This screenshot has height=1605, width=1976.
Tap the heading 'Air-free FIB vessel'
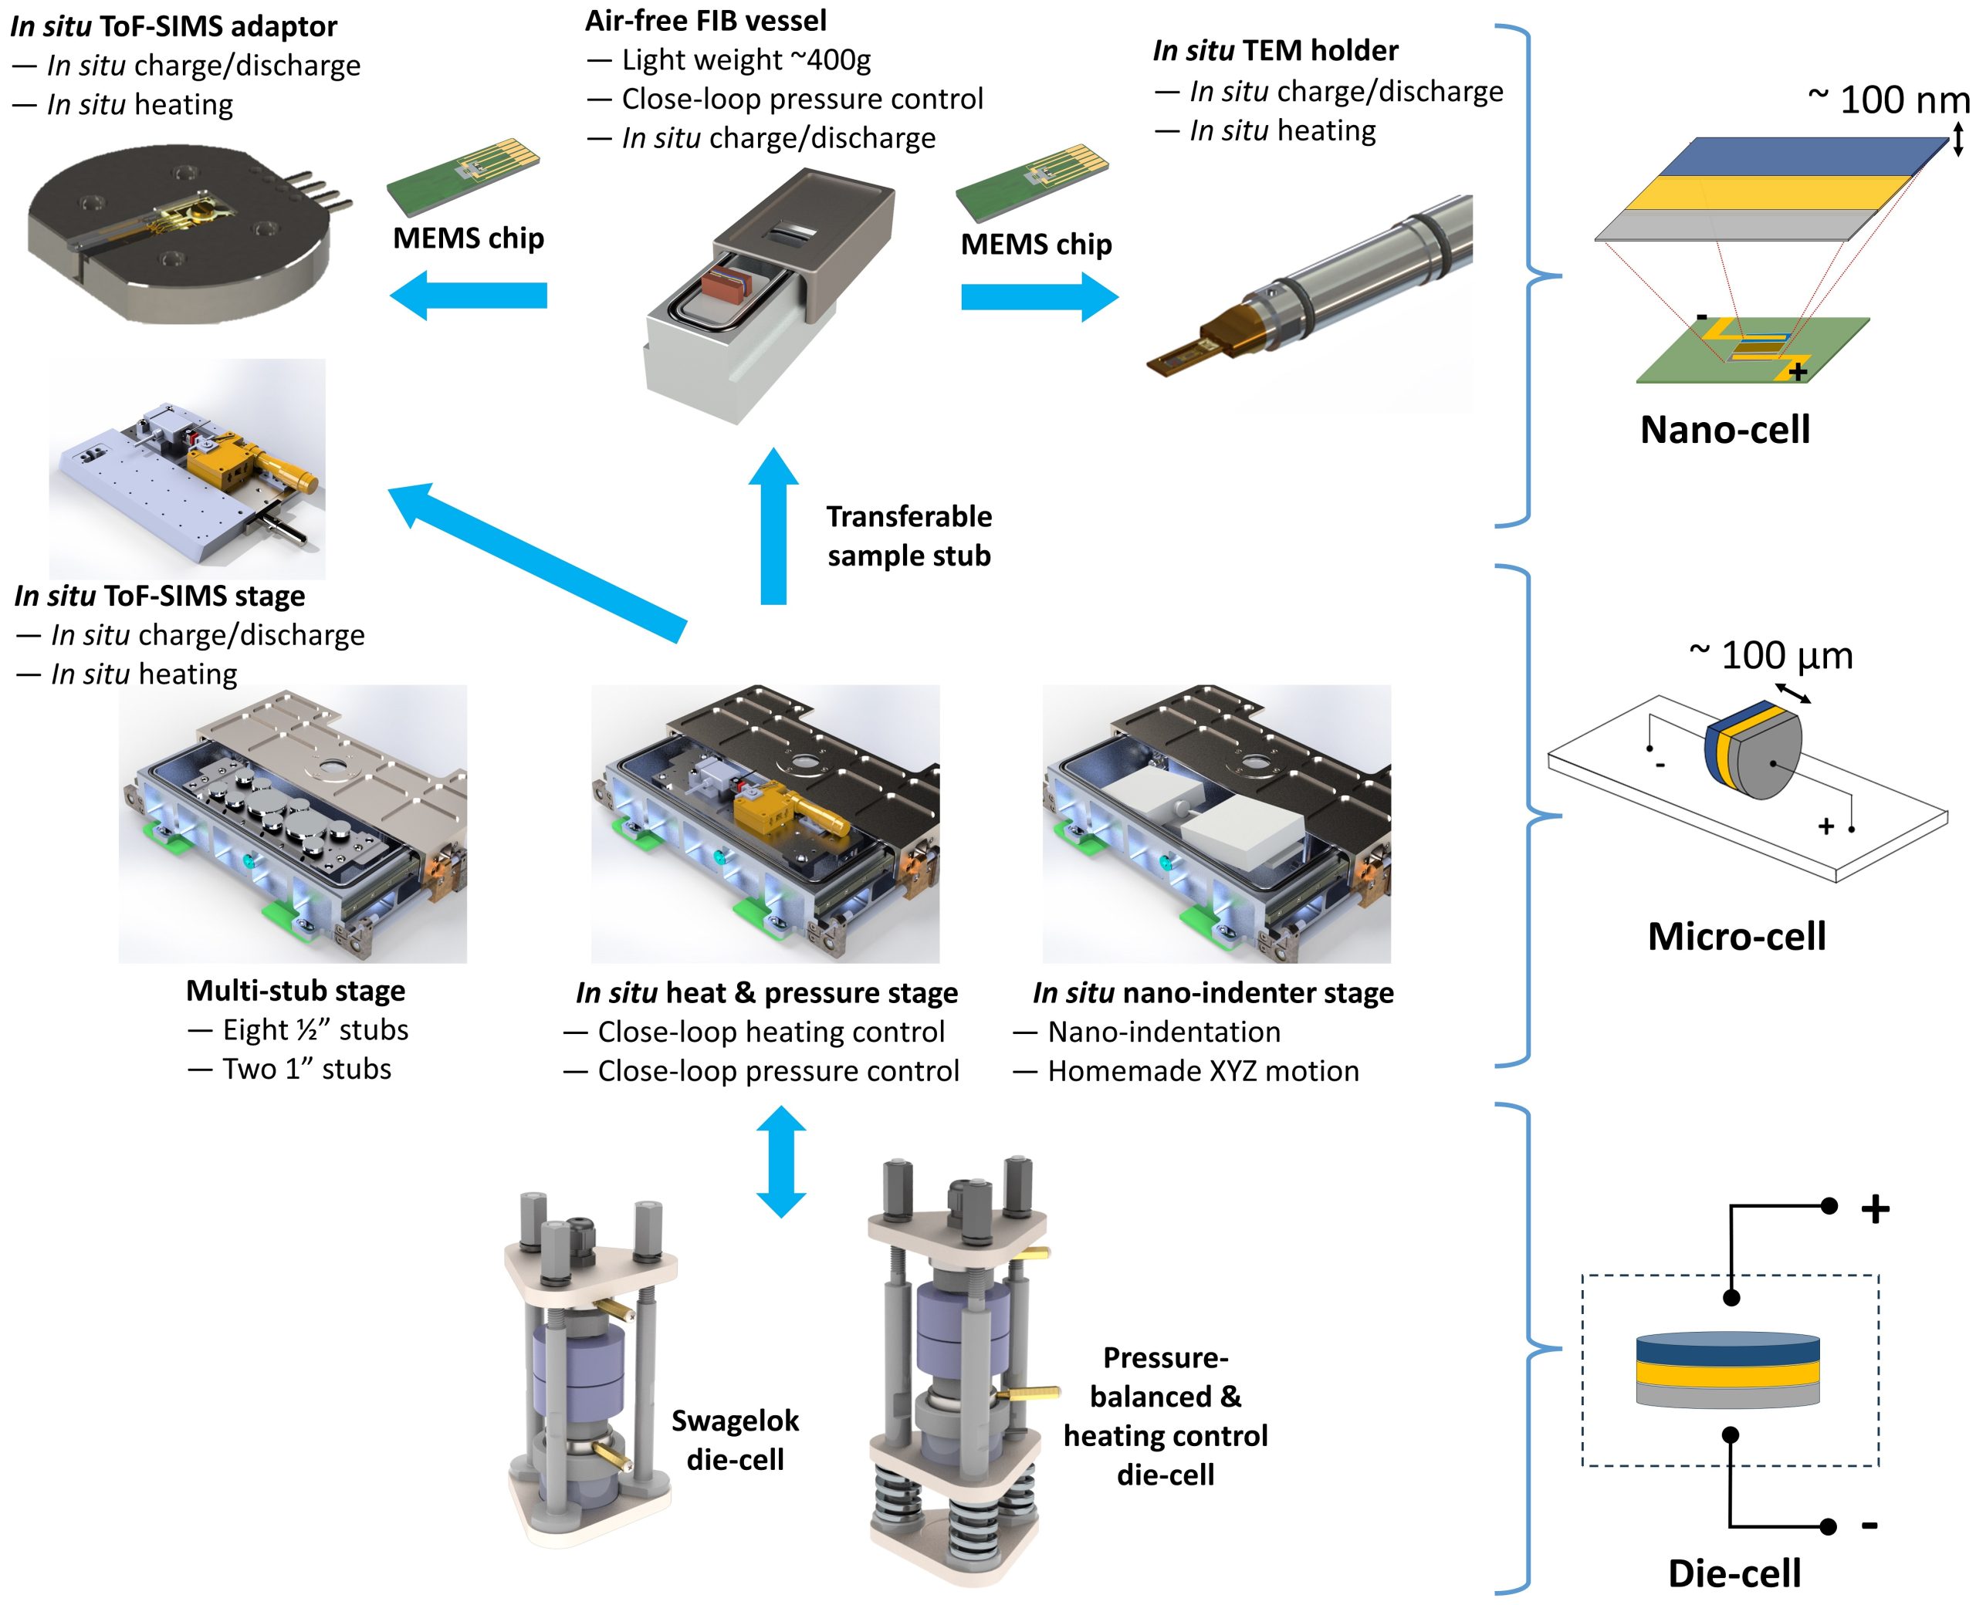coord(705,20)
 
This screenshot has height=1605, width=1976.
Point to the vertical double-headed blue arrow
coord(781,1161)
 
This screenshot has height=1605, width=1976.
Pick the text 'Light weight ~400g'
coord(746,60)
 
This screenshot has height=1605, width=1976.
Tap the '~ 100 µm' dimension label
coord(1770,655)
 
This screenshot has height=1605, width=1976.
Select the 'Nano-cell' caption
coord(1724,430)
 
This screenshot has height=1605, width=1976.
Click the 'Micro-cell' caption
coord(1737,937)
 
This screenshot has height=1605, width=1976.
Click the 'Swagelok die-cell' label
coord(735,1440)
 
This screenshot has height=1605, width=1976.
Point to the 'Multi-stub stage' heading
coord(295,990)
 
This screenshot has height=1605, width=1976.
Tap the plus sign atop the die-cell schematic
coord(1875,1208)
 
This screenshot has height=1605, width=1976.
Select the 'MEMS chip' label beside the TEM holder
coord(1036,244)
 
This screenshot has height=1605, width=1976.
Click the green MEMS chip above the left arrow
coord(462,177)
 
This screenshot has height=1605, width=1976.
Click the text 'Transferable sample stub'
coord(909,536)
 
